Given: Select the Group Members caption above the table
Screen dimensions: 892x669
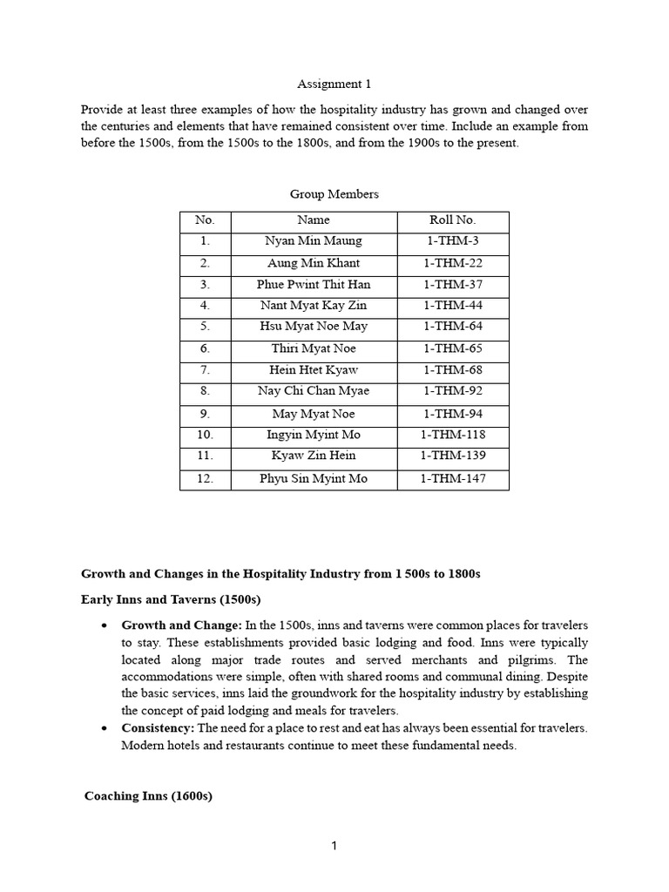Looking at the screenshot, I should point(334,194).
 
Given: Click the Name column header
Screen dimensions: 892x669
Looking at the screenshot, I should point(313,220).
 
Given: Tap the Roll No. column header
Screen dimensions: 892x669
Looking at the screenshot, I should point(452,220).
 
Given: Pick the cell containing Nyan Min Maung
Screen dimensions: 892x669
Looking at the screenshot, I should point(313,241).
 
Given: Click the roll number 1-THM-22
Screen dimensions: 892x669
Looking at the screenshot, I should point(452,263).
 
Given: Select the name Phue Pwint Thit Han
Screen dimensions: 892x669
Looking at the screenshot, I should point(313,284).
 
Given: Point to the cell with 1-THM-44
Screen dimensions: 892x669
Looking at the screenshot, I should point(452,306).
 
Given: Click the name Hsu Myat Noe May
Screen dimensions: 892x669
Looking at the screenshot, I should point(313,327).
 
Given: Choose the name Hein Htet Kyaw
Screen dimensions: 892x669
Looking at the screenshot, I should point(313,370).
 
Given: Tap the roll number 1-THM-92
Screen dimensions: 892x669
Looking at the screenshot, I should point(452,391).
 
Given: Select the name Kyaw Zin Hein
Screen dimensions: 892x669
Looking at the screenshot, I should point(313,456).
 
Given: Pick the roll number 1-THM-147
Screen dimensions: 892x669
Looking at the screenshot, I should point(452,478).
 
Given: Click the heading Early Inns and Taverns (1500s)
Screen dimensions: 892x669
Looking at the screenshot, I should point(171,599).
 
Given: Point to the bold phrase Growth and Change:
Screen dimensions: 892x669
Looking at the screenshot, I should point(181,625).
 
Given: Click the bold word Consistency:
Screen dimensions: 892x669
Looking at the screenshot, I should point(158,728).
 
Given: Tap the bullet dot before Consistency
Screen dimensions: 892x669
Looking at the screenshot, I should point(105,728).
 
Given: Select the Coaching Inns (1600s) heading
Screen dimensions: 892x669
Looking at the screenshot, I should point(148,796).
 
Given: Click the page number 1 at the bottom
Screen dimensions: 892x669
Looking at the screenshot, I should point(334,846).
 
